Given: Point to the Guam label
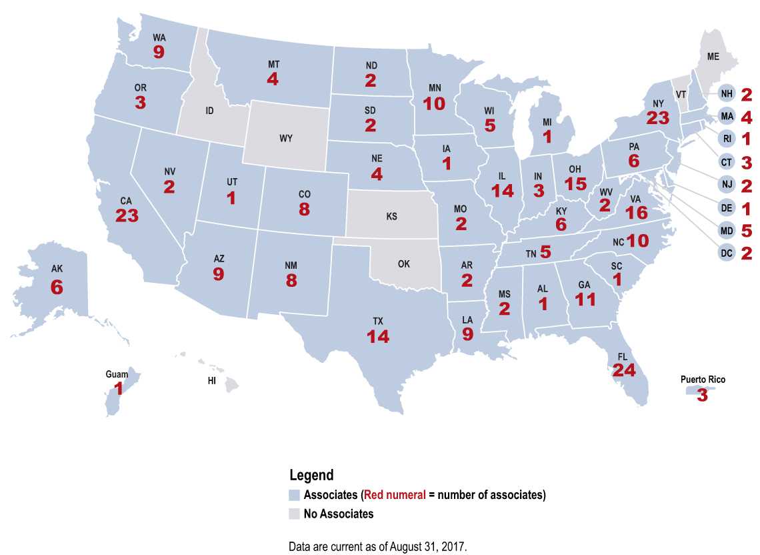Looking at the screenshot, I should click(x=117, y=375).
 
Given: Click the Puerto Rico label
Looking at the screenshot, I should click(x=703, y=380).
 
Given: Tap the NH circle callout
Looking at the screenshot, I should click(x=727, y=95).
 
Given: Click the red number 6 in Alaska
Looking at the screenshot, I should click(x=57, y=287).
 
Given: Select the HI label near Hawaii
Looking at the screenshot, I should click(x=211, y=382).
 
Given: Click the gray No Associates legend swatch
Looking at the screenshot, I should click(x=294, y=514).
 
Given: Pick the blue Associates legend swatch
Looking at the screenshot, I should click(x=294, y=495).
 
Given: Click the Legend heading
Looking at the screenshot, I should click(x=311, y=476).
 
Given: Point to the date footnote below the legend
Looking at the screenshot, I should click(x=378, y=546).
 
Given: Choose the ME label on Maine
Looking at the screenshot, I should click(x=713, y=57).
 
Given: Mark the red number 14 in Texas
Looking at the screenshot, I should click(x=378, y=336).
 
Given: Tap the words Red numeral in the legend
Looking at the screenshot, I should click(x=394, y=495).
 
